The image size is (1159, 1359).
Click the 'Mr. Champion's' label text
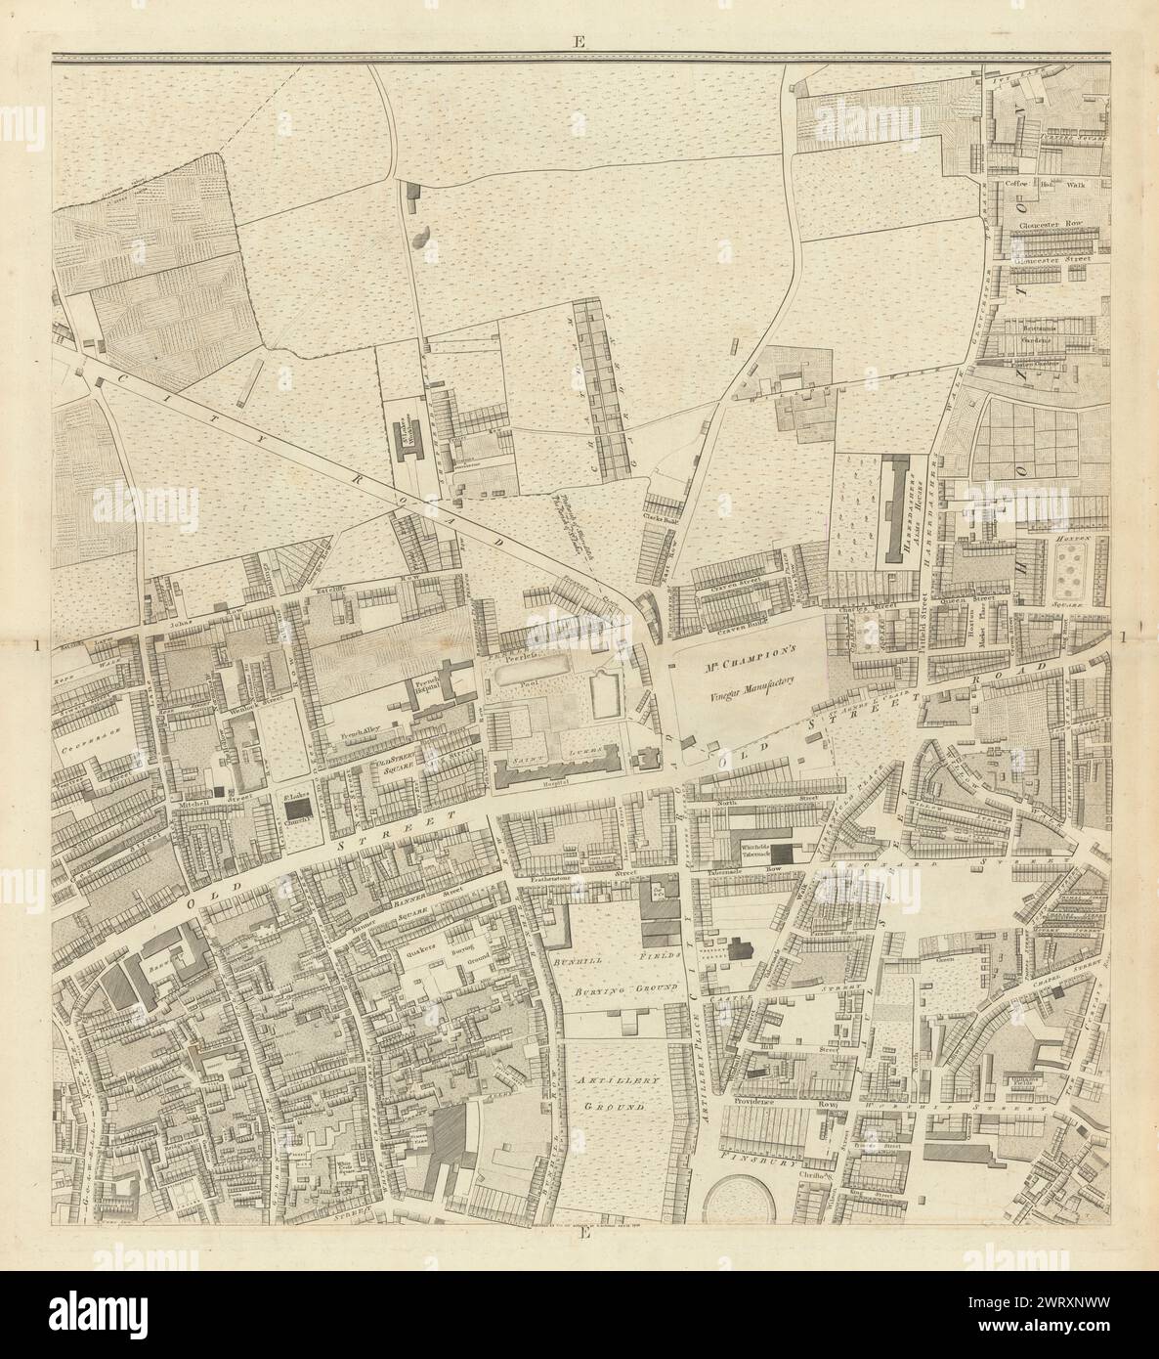750,661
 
